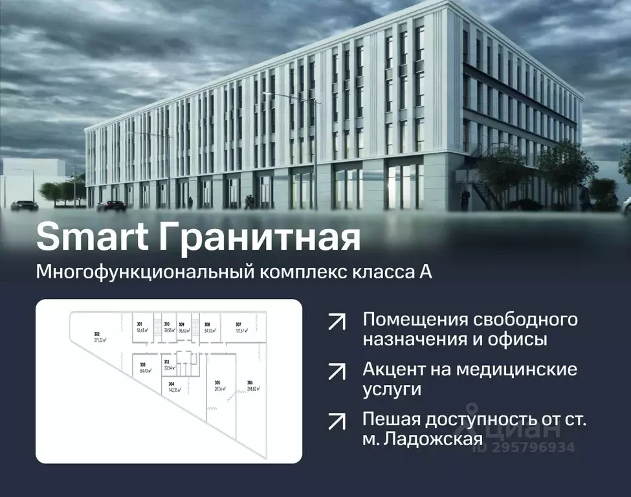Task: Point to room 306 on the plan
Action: (252, 386)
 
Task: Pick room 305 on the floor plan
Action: (219, 386)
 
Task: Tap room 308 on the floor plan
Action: (208, 327)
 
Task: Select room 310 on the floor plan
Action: (168, 327)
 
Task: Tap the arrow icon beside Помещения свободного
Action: (337, 322)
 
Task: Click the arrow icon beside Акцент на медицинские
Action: (337, 371)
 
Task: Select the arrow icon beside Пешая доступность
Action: (337, 421)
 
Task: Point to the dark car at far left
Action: (25, 205)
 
